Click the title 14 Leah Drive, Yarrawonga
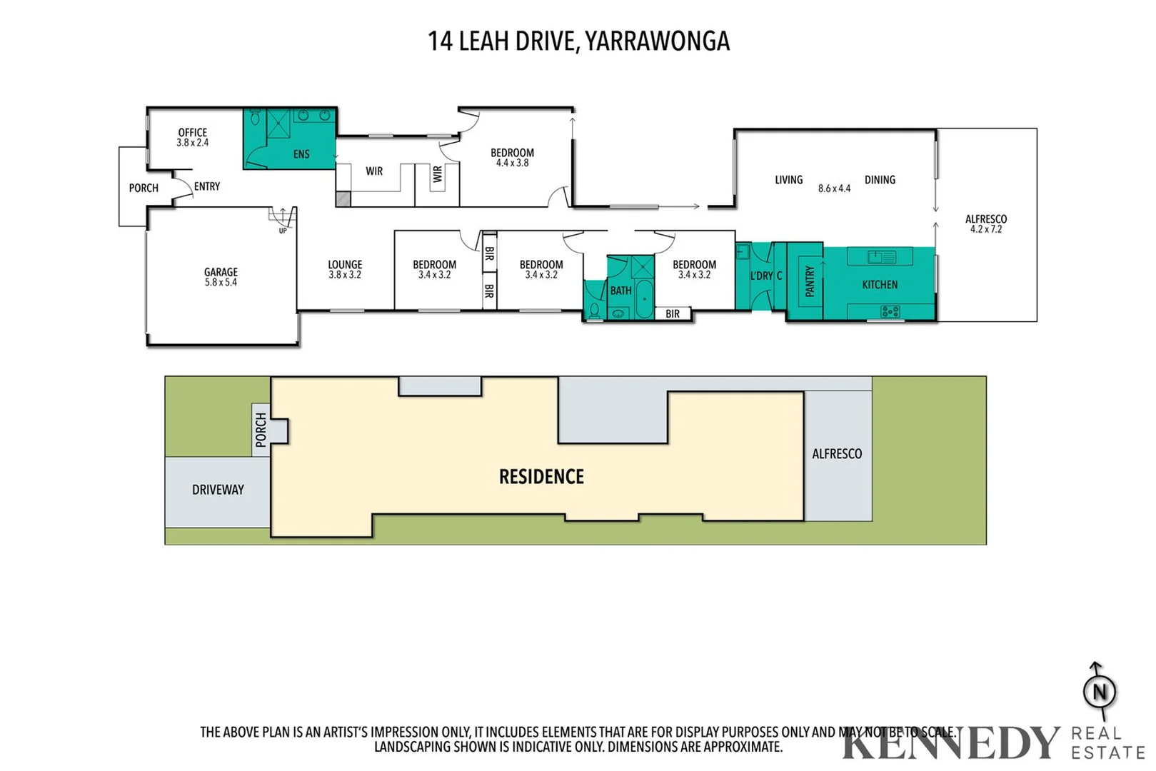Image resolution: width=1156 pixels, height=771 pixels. pos(578,41)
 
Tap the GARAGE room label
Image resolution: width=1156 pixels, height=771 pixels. pos(221,272)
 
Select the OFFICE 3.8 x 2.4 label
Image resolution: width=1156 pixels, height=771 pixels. pos(193,137)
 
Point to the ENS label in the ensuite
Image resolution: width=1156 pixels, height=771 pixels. pos(301,153)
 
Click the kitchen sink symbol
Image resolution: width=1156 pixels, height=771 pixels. pos(881,256)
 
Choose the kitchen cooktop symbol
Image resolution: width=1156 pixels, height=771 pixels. pos(890,311)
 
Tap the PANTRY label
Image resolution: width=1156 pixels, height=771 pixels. pos(810,281)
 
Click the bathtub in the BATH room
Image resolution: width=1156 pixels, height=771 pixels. pos(644,299)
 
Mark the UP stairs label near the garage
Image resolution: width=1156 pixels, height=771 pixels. pos(283,231)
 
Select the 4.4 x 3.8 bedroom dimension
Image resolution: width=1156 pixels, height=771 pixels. pos(512,163)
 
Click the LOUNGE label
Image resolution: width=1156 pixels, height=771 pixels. pos(346,265)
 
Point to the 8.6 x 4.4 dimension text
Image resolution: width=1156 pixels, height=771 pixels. pos(834,188)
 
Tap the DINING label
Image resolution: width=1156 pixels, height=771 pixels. pos(880,180)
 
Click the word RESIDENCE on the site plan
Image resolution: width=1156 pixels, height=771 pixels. pos(541,476)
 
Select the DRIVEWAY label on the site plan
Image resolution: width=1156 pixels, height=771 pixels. pos(218,489)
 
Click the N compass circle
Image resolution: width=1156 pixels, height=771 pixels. pos(1100,692)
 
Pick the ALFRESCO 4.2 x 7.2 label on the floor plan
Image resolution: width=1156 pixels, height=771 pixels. pos(985,224)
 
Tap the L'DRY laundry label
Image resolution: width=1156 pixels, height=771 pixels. pos(762,276)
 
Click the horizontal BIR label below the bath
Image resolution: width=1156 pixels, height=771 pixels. pos(673,314)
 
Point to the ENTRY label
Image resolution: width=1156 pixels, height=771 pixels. pos(207,186)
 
